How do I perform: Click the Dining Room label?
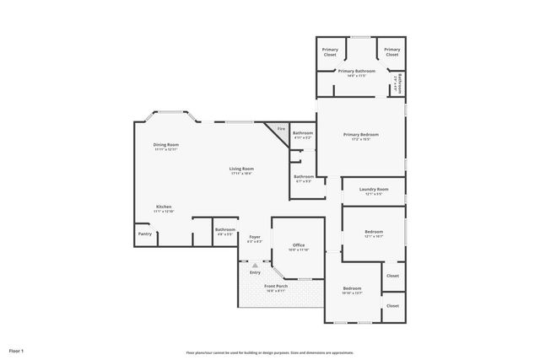click(166, 144)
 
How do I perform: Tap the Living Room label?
click(241, 169)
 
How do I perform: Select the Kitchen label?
click(164, 207)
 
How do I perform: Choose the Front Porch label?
click(276, 287)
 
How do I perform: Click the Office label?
click(299, 245)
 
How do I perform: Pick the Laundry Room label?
click(372, 190)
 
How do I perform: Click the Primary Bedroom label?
click(360, 134)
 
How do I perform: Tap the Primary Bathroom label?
click(357, 72)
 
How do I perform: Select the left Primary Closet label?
click(330, 52)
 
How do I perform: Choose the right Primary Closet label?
click(391, 52)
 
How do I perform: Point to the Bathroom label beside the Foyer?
click(224, 229)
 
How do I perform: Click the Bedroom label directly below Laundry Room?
click(374, 232)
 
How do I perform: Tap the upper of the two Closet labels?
click(392, 276)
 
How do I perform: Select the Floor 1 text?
click(17, 350)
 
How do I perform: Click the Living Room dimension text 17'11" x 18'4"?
click(241, 174)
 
